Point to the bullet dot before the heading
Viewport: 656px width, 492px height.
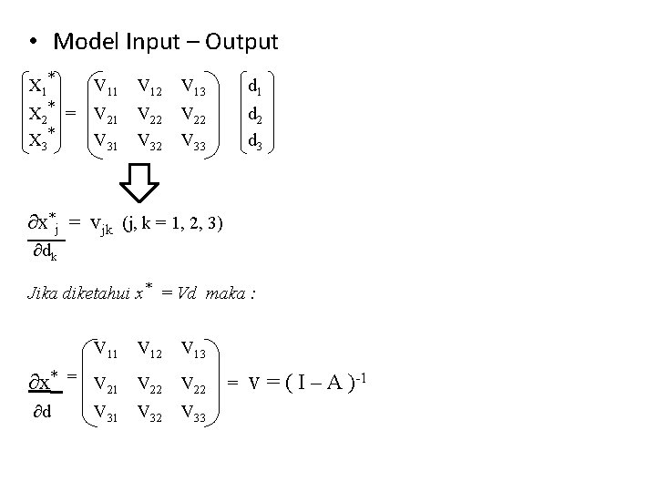coord(32,43)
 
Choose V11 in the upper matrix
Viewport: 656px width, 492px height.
coord(106,87)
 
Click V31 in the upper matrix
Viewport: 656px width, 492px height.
coord(106,140)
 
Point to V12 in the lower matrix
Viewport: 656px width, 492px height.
coord(150,348)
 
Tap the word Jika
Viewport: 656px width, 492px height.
coord(43,294)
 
